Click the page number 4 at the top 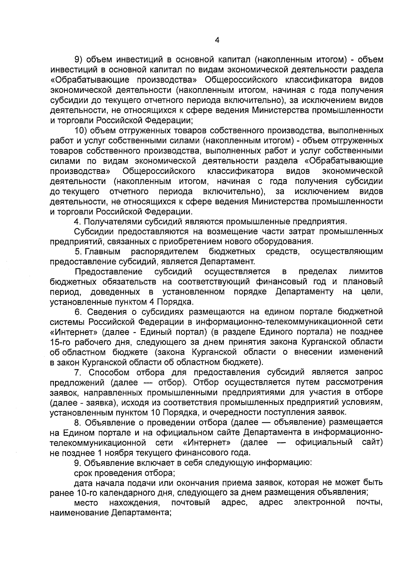pyautogui.click(x=217, y=41)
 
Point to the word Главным pyautogui.click(x=102, y=251)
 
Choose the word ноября pyautogui.click(x=119, y=453)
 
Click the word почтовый pyautogui.click(x=190, y=503)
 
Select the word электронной pyautogui.click(x=319, y=503)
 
